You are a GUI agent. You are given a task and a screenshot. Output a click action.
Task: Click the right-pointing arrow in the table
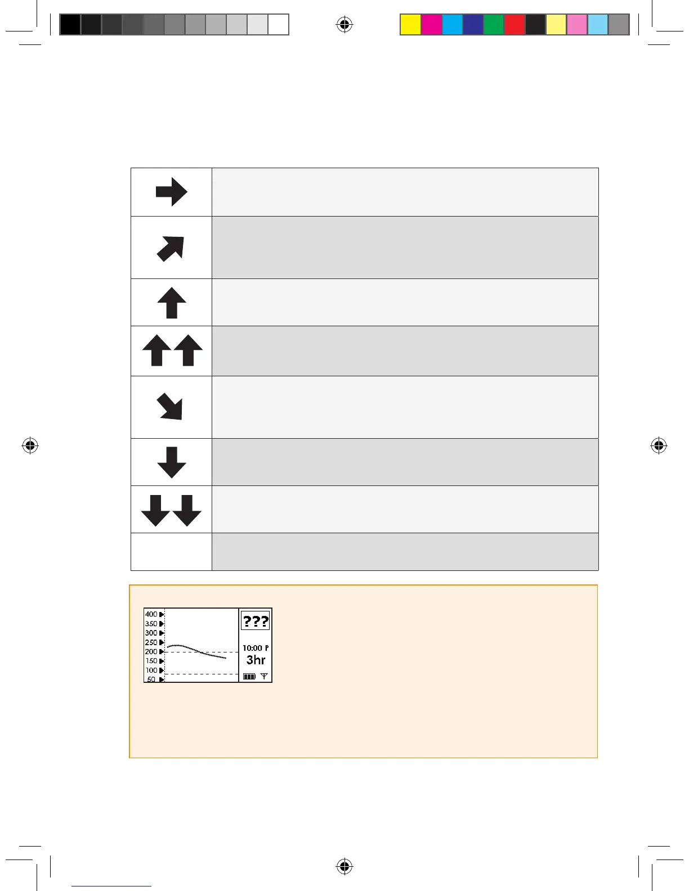(171, 192)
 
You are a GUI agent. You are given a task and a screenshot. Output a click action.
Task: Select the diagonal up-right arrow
(171, 248)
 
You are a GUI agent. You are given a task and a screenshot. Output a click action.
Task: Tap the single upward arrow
(172, 303)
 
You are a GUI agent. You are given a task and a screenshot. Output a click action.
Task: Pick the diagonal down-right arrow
(170, 406)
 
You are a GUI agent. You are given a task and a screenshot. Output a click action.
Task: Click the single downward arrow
(172, 462)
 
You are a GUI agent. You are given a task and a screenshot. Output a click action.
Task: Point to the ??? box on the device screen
(256, 622)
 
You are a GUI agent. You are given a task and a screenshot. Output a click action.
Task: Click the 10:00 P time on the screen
(255, 648)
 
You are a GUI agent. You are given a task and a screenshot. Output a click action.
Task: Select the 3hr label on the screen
(256, 660)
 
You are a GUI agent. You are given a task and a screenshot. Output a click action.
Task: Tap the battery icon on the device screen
(249, 677)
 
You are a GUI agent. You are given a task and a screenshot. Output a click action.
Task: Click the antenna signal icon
(264, 676)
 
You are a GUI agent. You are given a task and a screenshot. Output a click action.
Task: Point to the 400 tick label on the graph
(151, 614)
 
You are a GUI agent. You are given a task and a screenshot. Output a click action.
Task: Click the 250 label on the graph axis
(151, 642)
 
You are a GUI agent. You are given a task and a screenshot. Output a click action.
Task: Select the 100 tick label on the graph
(151, 670)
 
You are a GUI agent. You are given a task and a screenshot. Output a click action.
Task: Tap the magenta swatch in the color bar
(432, 25)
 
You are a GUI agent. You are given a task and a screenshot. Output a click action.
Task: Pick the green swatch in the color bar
(494, 25)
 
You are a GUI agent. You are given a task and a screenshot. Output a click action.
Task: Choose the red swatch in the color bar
(514, 25)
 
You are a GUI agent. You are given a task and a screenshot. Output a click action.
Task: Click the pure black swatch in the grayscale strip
(70, 25)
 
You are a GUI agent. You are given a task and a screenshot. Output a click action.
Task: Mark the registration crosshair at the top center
(344, 24)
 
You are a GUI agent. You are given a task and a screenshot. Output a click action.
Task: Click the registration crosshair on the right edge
(659, 446)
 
